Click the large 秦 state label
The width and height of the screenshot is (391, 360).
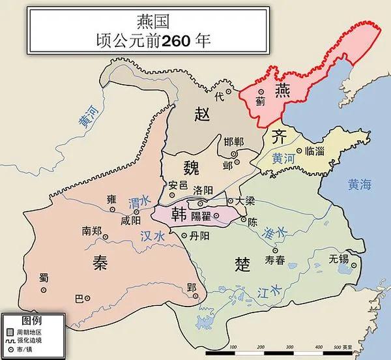[98, 262]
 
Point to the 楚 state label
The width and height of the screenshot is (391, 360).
[242, 263]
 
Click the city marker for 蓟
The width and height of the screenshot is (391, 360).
[261, 92]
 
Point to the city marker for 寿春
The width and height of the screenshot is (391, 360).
[274, 250]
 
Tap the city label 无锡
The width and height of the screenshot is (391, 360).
[340, 258]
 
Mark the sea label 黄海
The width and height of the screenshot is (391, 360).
[359, 185]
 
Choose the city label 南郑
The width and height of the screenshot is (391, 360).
[91, 231]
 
